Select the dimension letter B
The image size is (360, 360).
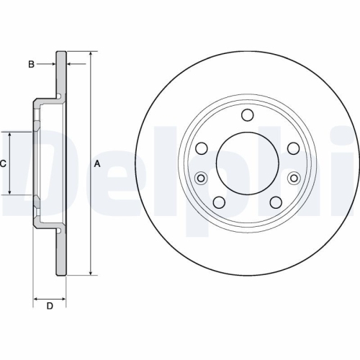31,65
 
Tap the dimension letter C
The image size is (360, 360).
3,163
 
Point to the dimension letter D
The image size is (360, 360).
50,307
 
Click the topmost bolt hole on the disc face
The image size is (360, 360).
247,115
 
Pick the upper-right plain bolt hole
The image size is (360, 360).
293,148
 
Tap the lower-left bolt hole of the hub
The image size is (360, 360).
219,202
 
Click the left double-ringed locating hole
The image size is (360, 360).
201,178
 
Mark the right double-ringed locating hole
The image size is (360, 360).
293,178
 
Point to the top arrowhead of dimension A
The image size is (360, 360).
91,55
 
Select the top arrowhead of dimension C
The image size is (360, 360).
9,135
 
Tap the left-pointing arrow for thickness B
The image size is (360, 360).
71,65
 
